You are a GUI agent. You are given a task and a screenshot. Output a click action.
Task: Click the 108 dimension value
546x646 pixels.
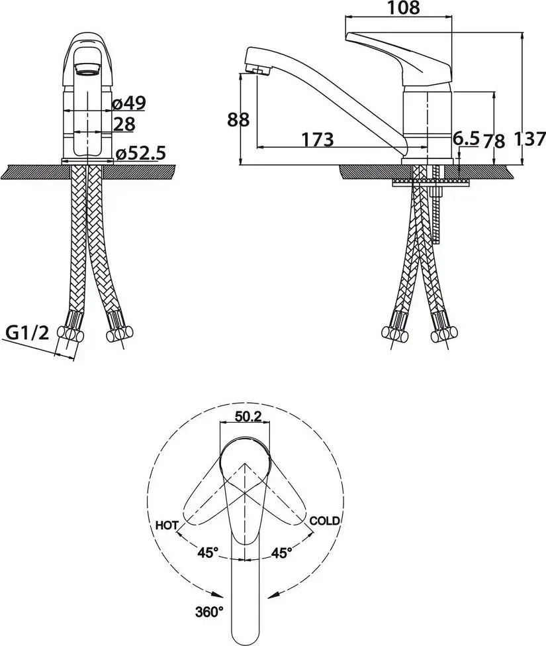[x=403, y=8]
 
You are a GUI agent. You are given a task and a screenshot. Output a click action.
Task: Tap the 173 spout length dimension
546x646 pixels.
[x=318, y=139]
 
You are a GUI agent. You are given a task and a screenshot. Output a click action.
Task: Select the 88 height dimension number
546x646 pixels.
[x=239, y=119]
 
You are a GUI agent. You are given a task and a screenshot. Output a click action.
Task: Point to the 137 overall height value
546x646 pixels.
[x=530, y=139]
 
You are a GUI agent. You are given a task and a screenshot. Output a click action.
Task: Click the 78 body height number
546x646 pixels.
[x=494, y=141]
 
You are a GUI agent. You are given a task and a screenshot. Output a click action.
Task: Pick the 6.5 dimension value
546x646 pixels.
[x=466, y=138]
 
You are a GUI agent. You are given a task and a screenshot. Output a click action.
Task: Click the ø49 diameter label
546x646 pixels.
[x=129, y=103]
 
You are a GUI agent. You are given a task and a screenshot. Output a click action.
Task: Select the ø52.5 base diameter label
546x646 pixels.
[x=141, y=153]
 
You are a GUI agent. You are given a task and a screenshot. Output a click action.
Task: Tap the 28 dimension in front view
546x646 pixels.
[x=124, y=124]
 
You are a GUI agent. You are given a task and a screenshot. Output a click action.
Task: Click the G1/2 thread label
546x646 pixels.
[x=28, y=332]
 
